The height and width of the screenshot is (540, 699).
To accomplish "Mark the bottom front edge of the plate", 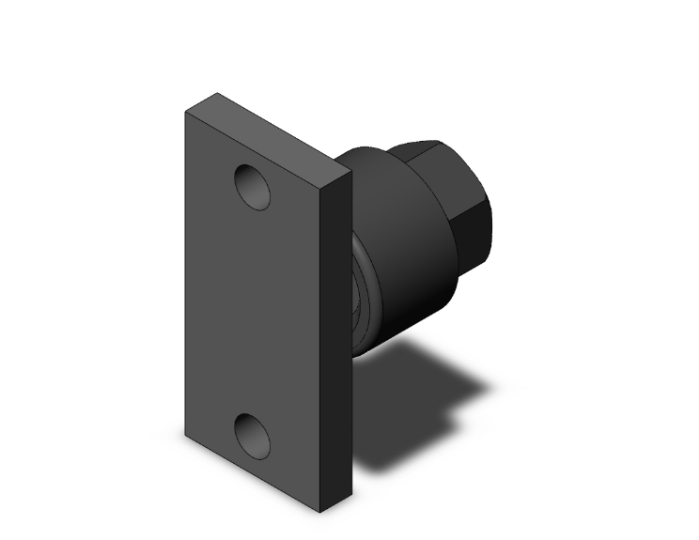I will (251, 473).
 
